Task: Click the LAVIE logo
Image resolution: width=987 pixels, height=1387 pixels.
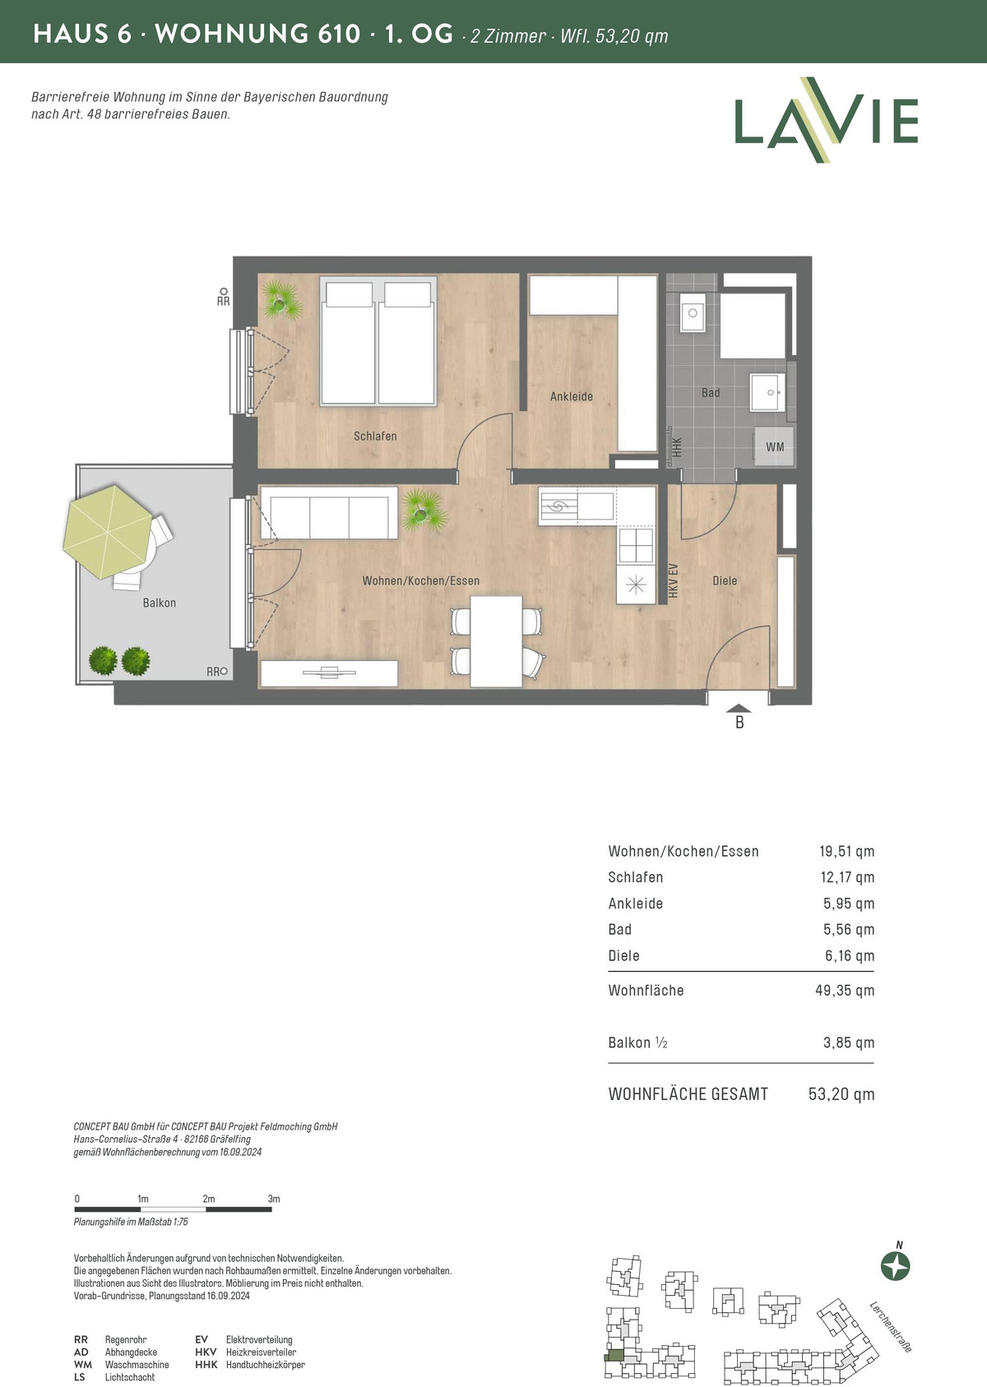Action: pos(826,120)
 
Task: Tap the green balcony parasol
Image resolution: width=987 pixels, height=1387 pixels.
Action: pos(108,531)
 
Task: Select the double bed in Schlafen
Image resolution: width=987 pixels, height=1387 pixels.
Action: pos(378,341)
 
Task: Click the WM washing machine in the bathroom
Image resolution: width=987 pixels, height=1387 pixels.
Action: pos(774,446)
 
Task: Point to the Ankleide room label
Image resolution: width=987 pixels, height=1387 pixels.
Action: pos(572,396)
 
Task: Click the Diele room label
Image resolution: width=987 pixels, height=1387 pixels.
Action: pos(725,580)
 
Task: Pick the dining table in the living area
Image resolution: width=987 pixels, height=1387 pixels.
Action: pos(496,641)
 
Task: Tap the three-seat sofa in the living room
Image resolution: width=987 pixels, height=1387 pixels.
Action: pos(328,513)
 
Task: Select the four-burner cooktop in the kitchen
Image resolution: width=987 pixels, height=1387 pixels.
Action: pos(636,546)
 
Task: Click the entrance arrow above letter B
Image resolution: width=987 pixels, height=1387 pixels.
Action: pos(739,709)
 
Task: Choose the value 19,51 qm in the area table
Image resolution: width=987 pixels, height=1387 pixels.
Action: pos(846,852)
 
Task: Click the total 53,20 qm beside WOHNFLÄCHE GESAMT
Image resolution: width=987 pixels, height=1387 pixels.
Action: pos(841,1094)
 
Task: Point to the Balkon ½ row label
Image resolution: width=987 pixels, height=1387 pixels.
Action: pos(637,1043)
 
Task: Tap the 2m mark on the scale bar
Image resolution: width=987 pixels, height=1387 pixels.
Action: pos(209,1199)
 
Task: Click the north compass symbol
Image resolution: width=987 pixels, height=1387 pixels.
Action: pos(896,1265)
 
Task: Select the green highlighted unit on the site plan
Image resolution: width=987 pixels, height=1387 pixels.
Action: pos(614,1356)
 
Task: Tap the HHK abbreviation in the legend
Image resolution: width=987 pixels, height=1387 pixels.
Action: pos(206,1364)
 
